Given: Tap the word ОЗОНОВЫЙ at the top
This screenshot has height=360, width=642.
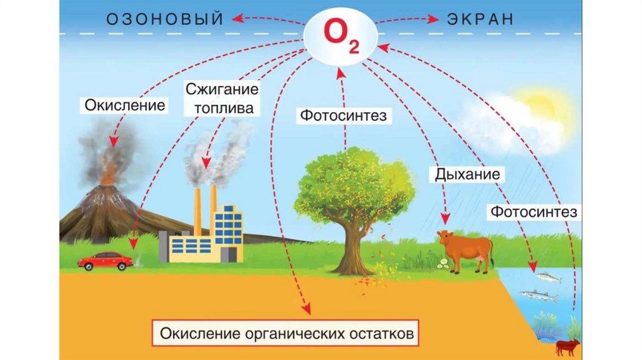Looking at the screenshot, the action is point(165,19).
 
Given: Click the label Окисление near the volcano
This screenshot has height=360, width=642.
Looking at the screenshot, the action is point(125,104).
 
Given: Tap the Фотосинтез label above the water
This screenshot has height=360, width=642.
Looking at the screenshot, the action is point(534,212).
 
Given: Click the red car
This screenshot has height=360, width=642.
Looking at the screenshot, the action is point(105,260).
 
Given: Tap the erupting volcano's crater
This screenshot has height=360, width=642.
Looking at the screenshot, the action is point(107,185).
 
